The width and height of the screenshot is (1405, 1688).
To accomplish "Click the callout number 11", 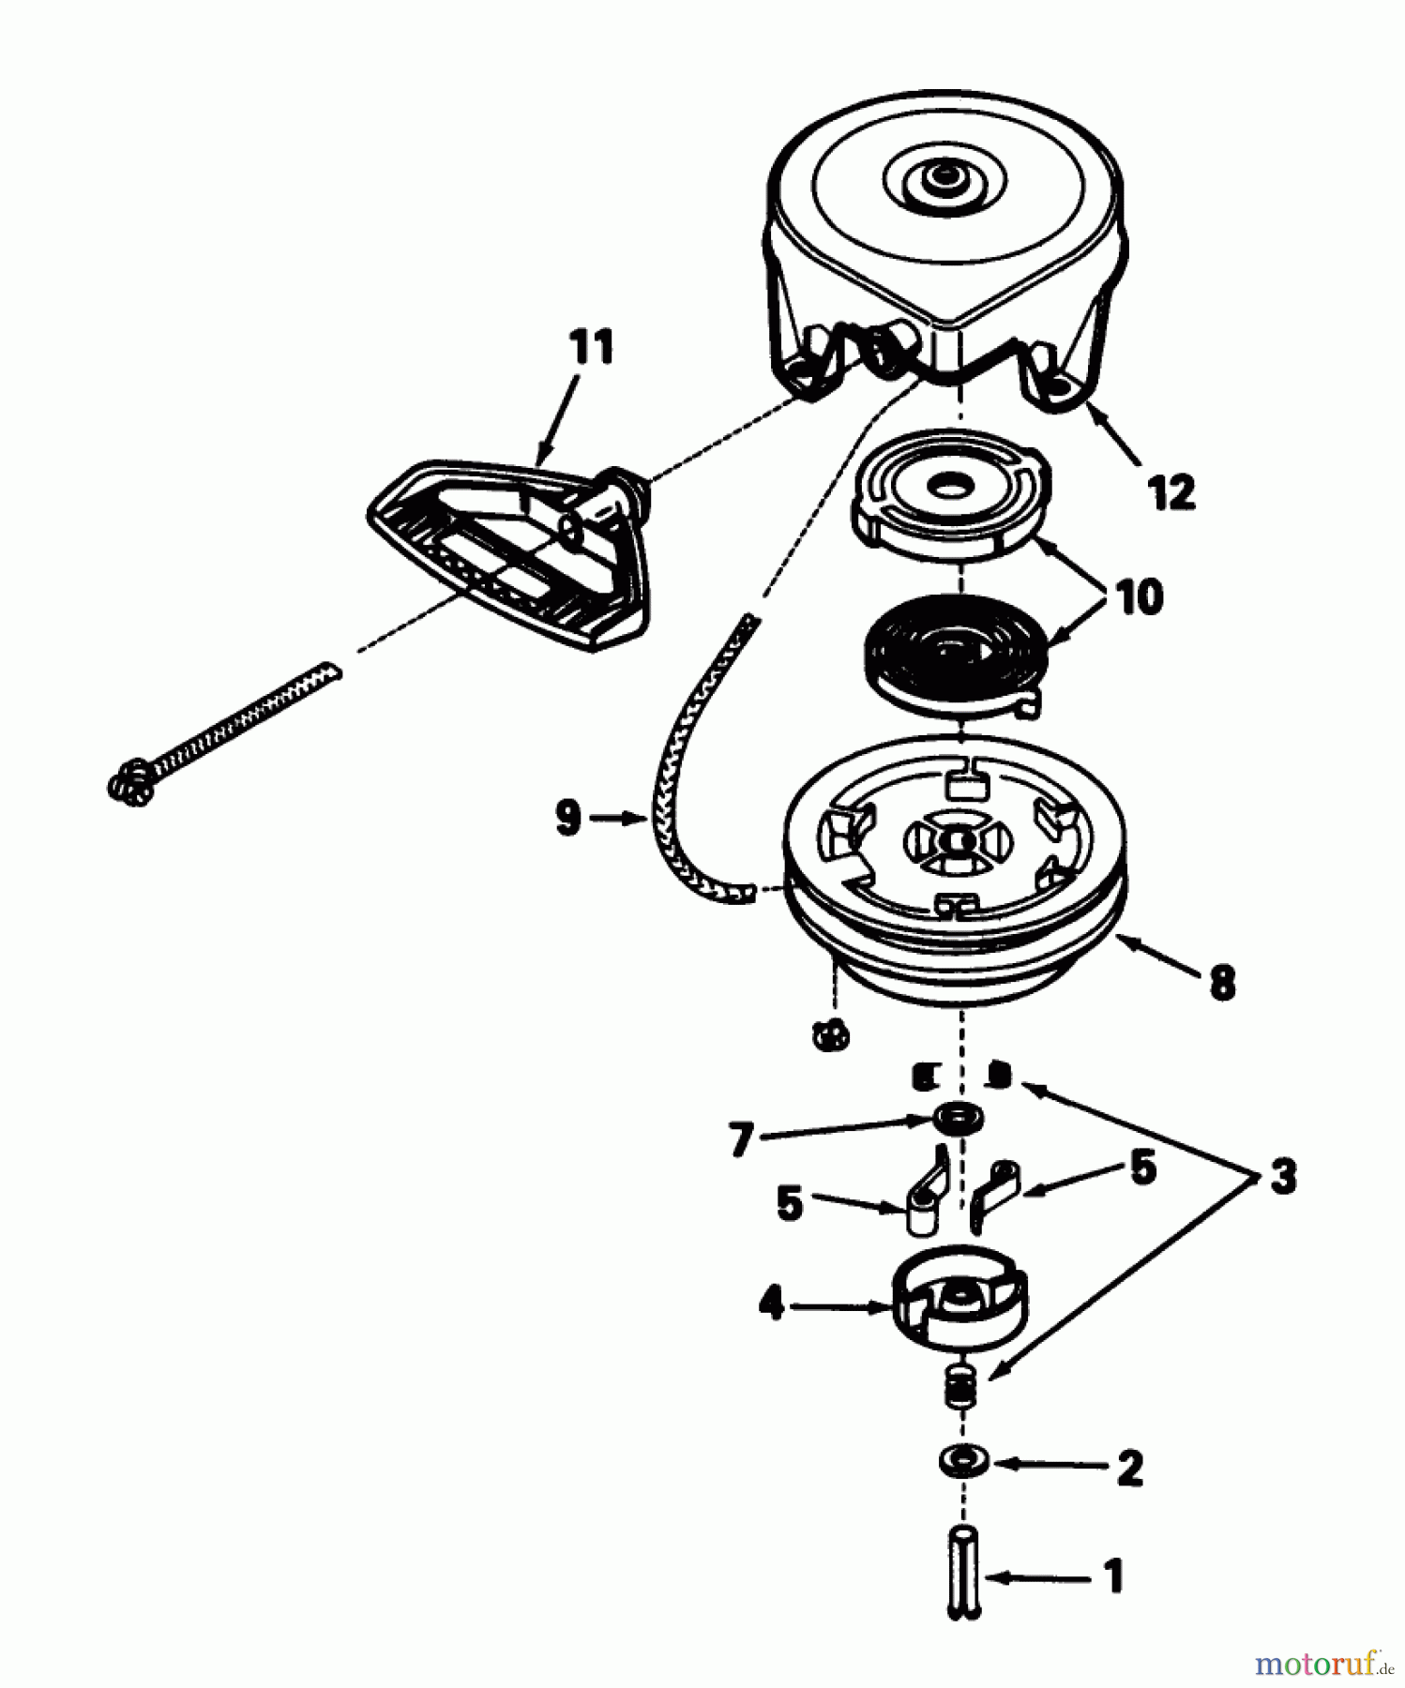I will pyautogui.click(x=591, y=347).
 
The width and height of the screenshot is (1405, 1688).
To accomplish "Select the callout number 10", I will pyautogui.click(x=1139, y=596).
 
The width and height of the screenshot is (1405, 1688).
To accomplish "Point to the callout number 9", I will pyautogui.click(x=567, y=818).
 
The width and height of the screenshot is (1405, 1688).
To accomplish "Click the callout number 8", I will pyautogui.click(x=1222, y=983).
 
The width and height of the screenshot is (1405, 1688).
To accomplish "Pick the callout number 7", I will pyautogui.click(x=741, y=1139).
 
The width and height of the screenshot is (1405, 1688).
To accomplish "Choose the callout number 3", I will pyautogui.click(x=1282, y=1176).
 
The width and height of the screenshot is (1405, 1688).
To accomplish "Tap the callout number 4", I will pyautogui.click(x=771, y=1304).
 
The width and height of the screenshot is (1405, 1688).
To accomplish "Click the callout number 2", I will pyautogui.click(x=1129, y=1468).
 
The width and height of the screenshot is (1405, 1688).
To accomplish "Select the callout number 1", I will pyautogui.click(x=1113, y=1576).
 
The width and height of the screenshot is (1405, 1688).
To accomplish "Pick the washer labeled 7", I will pyautogui.click(x=958, y=1119).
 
